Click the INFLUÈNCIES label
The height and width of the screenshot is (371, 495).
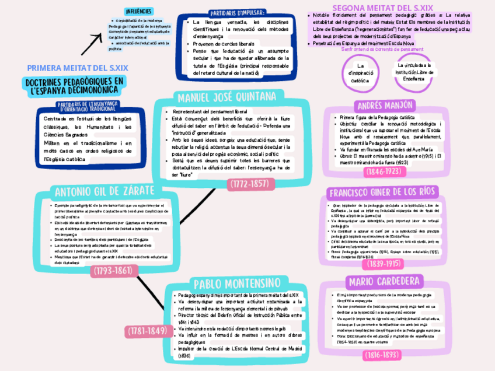click(138, 11)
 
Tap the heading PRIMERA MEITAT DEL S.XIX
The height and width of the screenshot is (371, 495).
click(78, 68)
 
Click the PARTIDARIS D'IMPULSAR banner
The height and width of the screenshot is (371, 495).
click(236, 13)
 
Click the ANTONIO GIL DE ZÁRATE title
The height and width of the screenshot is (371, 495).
click(104, 191)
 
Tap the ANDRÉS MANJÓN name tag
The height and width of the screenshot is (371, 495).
click(384, 106)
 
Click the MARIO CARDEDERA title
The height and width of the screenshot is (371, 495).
click(384, 282)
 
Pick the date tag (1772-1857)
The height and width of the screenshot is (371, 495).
click(249, 184)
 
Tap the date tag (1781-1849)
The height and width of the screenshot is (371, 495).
click(147, 331)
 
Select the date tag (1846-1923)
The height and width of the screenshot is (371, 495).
click(383, 172)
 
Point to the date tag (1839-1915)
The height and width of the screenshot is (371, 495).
click(384, 264)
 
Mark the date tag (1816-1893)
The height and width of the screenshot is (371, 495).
click(383, 354)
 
